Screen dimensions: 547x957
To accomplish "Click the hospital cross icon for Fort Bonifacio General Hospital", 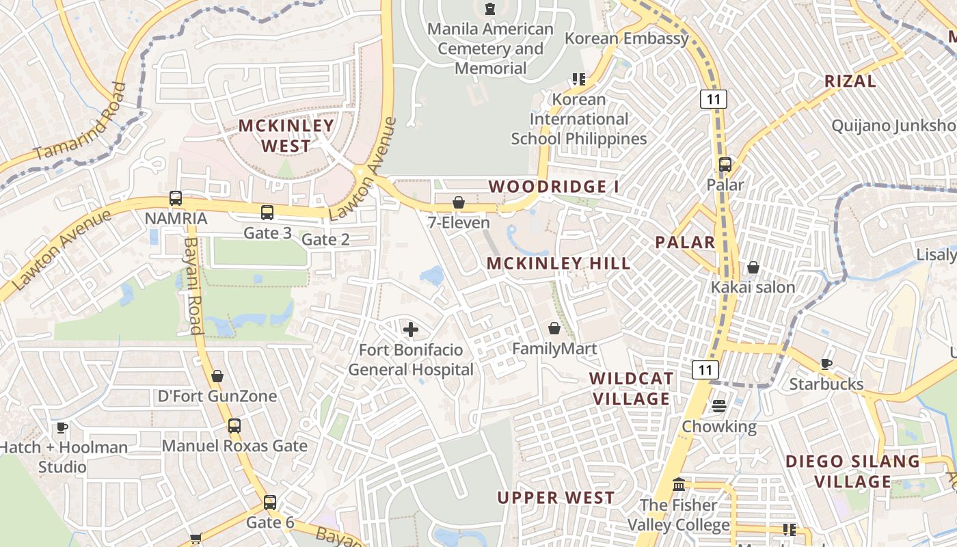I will coord(410,330).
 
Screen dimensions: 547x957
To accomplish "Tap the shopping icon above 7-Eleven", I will coord(459,202).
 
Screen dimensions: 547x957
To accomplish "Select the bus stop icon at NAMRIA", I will coord(176,198).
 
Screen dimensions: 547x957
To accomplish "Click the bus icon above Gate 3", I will coord(267,213).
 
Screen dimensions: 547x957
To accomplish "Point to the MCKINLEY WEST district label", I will coord(286,135).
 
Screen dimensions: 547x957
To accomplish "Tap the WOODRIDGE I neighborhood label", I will coord(548,187).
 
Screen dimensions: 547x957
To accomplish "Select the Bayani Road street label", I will coord(193,285).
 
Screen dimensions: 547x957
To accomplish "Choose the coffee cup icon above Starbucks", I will coord(826,364).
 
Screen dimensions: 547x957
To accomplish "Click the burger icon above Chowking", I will coord(718,406).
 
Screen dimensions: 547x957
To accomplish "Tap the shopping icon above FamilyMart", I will coord(554,328).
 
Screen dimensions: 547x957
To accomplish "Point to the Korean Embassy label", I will coord(627,38).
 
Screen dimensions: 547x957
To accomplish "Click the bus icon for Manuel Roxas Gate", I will coord(234,425).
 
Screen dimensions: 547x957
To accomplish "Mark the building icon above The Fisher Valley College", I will coord(679,485).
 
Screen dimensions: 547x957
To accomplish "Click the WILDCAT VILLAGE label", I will coord(631,388).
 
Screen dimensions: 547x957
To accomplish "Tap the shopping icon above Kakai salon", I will coord(753,267).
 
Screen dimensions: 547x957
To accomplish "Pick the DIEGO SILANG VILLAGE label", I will coord(852,471).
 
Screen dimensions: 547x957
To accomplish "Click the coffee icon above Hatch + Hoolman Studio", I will coord(62,427).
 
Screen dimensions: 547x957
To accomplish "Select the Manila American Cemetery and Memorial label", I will coord(491,49).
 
